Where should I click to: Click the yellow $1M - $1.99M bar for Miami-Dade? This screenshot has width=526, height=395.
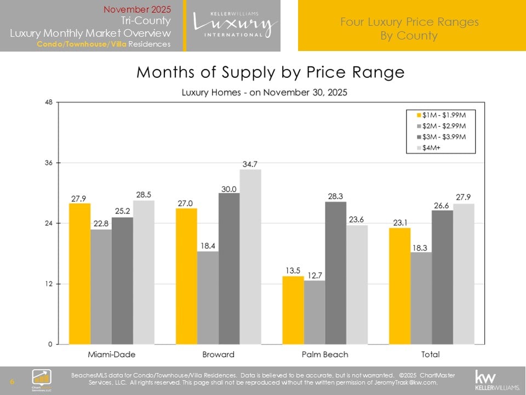80,273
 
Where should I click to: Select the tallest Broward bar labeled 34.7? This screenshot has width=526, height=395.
250,257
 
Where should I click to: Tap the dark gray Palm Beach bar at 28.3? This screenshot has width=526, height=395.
335,273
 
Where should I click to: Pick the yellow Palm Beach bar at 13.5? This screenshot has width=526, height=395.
293,310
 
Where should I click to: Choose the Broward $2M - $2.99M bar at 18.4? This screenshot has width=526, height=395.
208,297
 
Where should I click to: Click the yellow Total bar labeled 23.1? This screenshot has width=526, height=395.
399,286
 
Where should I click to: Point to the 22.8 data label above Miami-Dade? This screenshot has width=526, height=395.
101,223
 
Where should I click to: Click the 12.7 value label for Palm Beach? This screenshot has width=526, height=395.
314,274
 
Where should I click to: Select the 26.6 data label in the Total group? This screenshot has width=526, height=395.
442,204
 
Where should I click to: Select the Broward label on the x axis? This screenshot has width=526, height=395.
218,354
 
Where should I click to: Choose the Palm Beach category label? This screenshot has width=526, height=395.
324,354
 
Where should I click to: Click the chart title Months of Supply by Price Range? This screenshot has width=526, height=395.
270,72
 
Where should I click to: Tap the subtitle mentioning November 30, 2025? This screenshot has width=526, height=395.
264,92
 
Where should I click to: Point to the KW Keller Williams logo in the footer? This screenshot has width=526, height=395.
496,379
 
